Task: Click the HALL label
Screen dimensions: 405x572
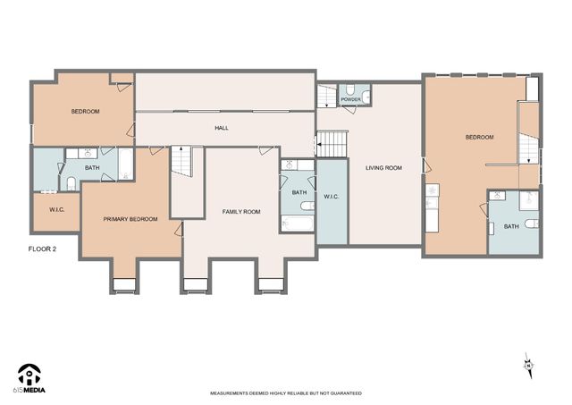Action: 221,128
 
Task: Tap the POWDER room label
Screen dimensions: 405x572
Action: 349,99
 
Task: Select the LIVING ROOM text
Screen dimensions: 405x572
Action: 383,167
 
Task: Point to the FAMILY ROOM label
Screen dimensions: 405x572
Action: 241,212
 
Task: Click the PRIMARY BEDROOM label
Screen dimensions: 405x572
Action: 130,219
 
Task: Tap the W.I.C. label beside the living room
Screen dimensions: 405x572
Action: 331,197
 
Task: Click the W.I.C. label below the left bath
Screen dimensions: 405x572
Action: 54,211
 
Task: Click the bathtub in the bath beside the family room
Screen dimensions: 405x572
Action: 296,222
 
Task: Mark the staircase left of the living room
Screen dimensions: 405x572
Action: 332,142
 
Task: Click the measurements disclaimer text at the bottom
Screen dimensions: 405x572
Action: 285,393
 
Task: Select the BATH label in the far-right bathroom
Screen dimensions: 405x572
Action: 510,226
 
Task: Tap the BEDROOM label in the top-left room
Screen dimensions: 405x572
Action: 85,111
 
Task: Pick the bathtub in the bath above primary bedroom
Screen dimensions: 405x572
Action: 125,165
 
